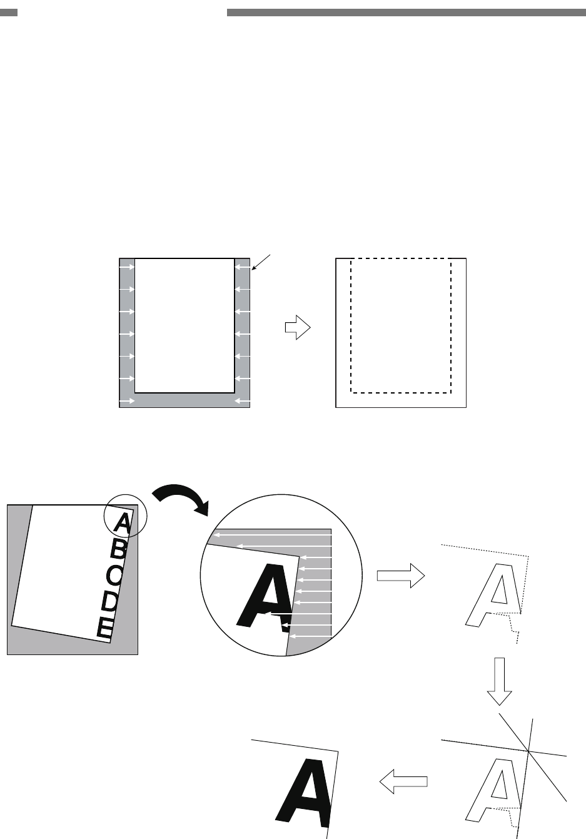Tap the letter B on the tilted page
119,551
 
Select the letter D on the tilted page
110,602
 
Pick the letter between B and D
114,577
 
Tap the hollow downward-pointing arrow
499,681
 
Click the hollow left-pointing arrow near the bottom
404,781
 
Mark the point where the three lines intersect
528,750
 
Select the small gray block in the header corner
9,13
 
